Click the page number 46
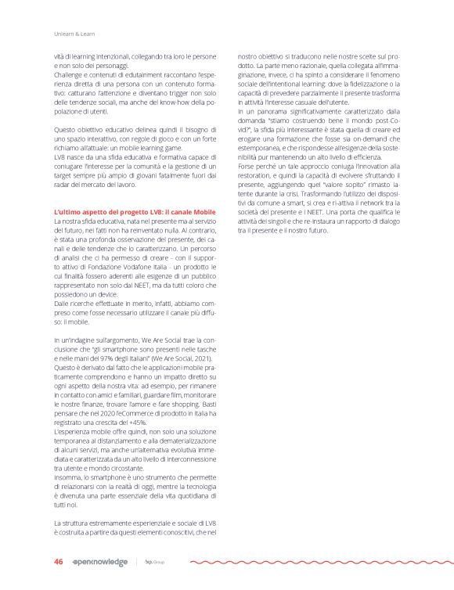click(58, 562)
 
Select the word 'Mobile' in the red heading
click(200, 212)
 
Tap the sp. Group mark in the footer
click(155, 562)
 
